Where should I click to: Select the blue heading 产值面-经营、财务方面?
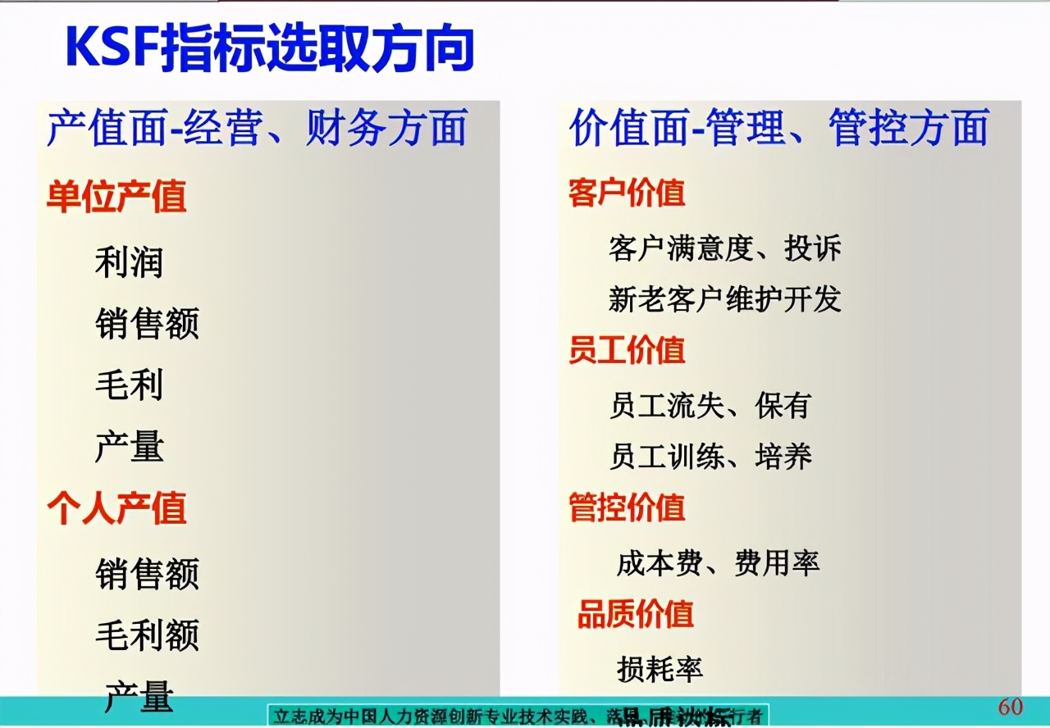(257, 129)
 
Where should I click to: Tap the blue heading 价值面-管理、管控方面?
(778, 129)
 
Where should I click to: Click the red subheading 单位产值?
(116, 197)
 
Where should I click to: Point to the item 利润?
(130, 262)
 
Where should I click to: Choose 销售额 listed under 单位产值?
(147, 324)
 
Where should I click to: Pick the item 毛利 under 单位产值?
(130, 385)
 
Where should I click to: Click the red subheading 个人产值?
(116, 508)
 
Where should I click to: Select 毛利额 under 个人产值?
(147, 635)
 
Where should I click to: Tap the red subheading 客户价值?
(627, 193)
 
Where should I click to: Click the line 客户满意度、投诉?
(725, 248)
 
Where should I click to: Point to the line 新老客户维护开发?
(725, 299)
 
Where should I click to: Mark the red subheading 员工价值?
(627, 351)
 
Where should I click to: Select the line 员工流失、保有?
(710, 405)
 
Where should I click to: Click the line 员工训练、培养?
(710, 456)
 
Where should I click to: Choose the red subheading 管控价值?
(627, 507)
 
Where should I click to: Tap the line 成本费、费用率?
(718, 563)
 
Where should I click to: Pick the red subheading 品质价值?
(636, 614)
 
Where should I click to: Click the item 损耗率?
(660, 669)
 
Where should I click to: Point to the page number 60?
(1010, 707)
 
